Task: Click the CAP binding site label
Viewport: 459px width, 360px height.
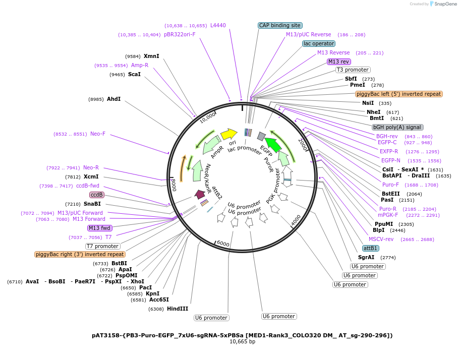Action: [280, 25]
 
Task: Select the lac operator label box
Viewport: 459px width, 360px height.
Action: [319, 43]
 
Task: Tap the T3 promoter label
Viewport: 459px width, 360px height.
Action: [353, 70]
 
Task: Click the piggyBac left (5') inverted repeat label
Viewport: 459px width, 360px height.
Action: [398, 94]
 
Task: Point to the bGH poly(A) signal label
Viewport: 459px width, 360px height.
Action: [397, 127]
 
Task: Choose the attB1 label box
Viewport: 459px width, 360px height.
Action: [371, 248]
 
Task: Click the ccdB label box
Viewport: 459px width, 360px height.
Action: [96, 195]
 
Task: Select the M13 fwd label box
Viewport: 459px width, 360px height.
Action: [99, 228]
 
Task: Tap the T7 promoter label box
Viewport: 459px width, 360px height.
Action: [103, 246]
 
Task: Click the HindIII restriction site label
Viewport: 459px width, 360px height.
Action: [178, 309]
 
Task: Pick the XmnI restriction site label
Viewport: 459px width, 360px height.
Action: [151, 56]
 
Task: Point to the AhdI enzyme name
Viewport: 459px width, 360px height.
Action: [113, 99]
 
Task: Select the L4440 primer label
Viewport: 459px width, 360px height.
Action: [218, 25]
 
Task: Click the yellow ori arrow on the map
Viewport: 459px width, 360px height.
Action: [228, 134]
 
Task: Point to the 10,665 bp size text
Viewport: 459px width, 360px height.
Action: [242, 341]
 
